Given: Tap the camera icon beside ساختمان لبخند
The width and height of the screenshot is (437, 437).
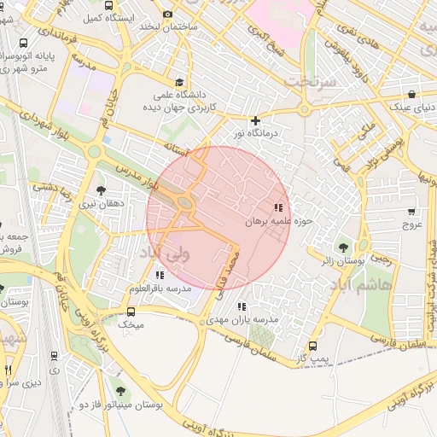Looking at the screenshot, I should tap(167, 14).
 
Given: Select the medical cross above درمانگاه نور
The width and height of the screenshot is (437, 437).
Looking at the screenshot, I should tap(255, 120).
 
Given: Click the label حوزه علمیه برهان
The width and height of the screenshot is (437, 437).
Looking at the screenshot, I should tap(281, 221).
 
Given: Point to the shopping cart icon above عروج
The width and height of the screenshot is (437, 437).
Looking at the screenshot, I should tap(413, 211).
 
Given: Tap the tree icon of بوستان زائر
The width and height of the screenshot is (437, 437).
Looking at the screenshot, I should tap(344, 247).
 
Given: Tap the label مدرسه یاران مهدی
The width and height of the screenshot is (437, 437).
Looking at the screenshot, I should tap(242, 319).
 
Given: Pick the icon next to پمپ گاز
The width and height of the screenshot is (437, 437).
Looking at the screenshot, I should tap(313, 347).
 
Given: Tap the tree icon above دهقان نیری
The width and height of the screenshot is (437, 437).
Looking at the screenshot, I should tap(102, 190).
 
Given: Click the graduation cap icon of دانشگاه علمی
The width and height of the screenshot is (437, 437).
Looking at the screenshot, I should tap(178, 82).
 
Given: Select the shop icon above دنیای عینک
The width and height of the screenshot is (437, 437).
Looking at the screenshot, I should tap(412, 94).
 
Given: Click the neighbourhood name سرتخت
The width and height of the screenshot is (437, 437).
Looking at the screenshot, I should tap(304, 82).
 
